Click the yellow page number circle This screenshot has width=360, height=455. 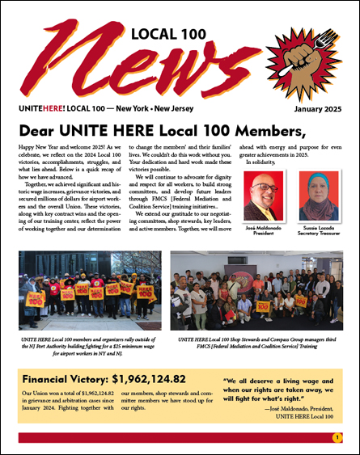(337, 437)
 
